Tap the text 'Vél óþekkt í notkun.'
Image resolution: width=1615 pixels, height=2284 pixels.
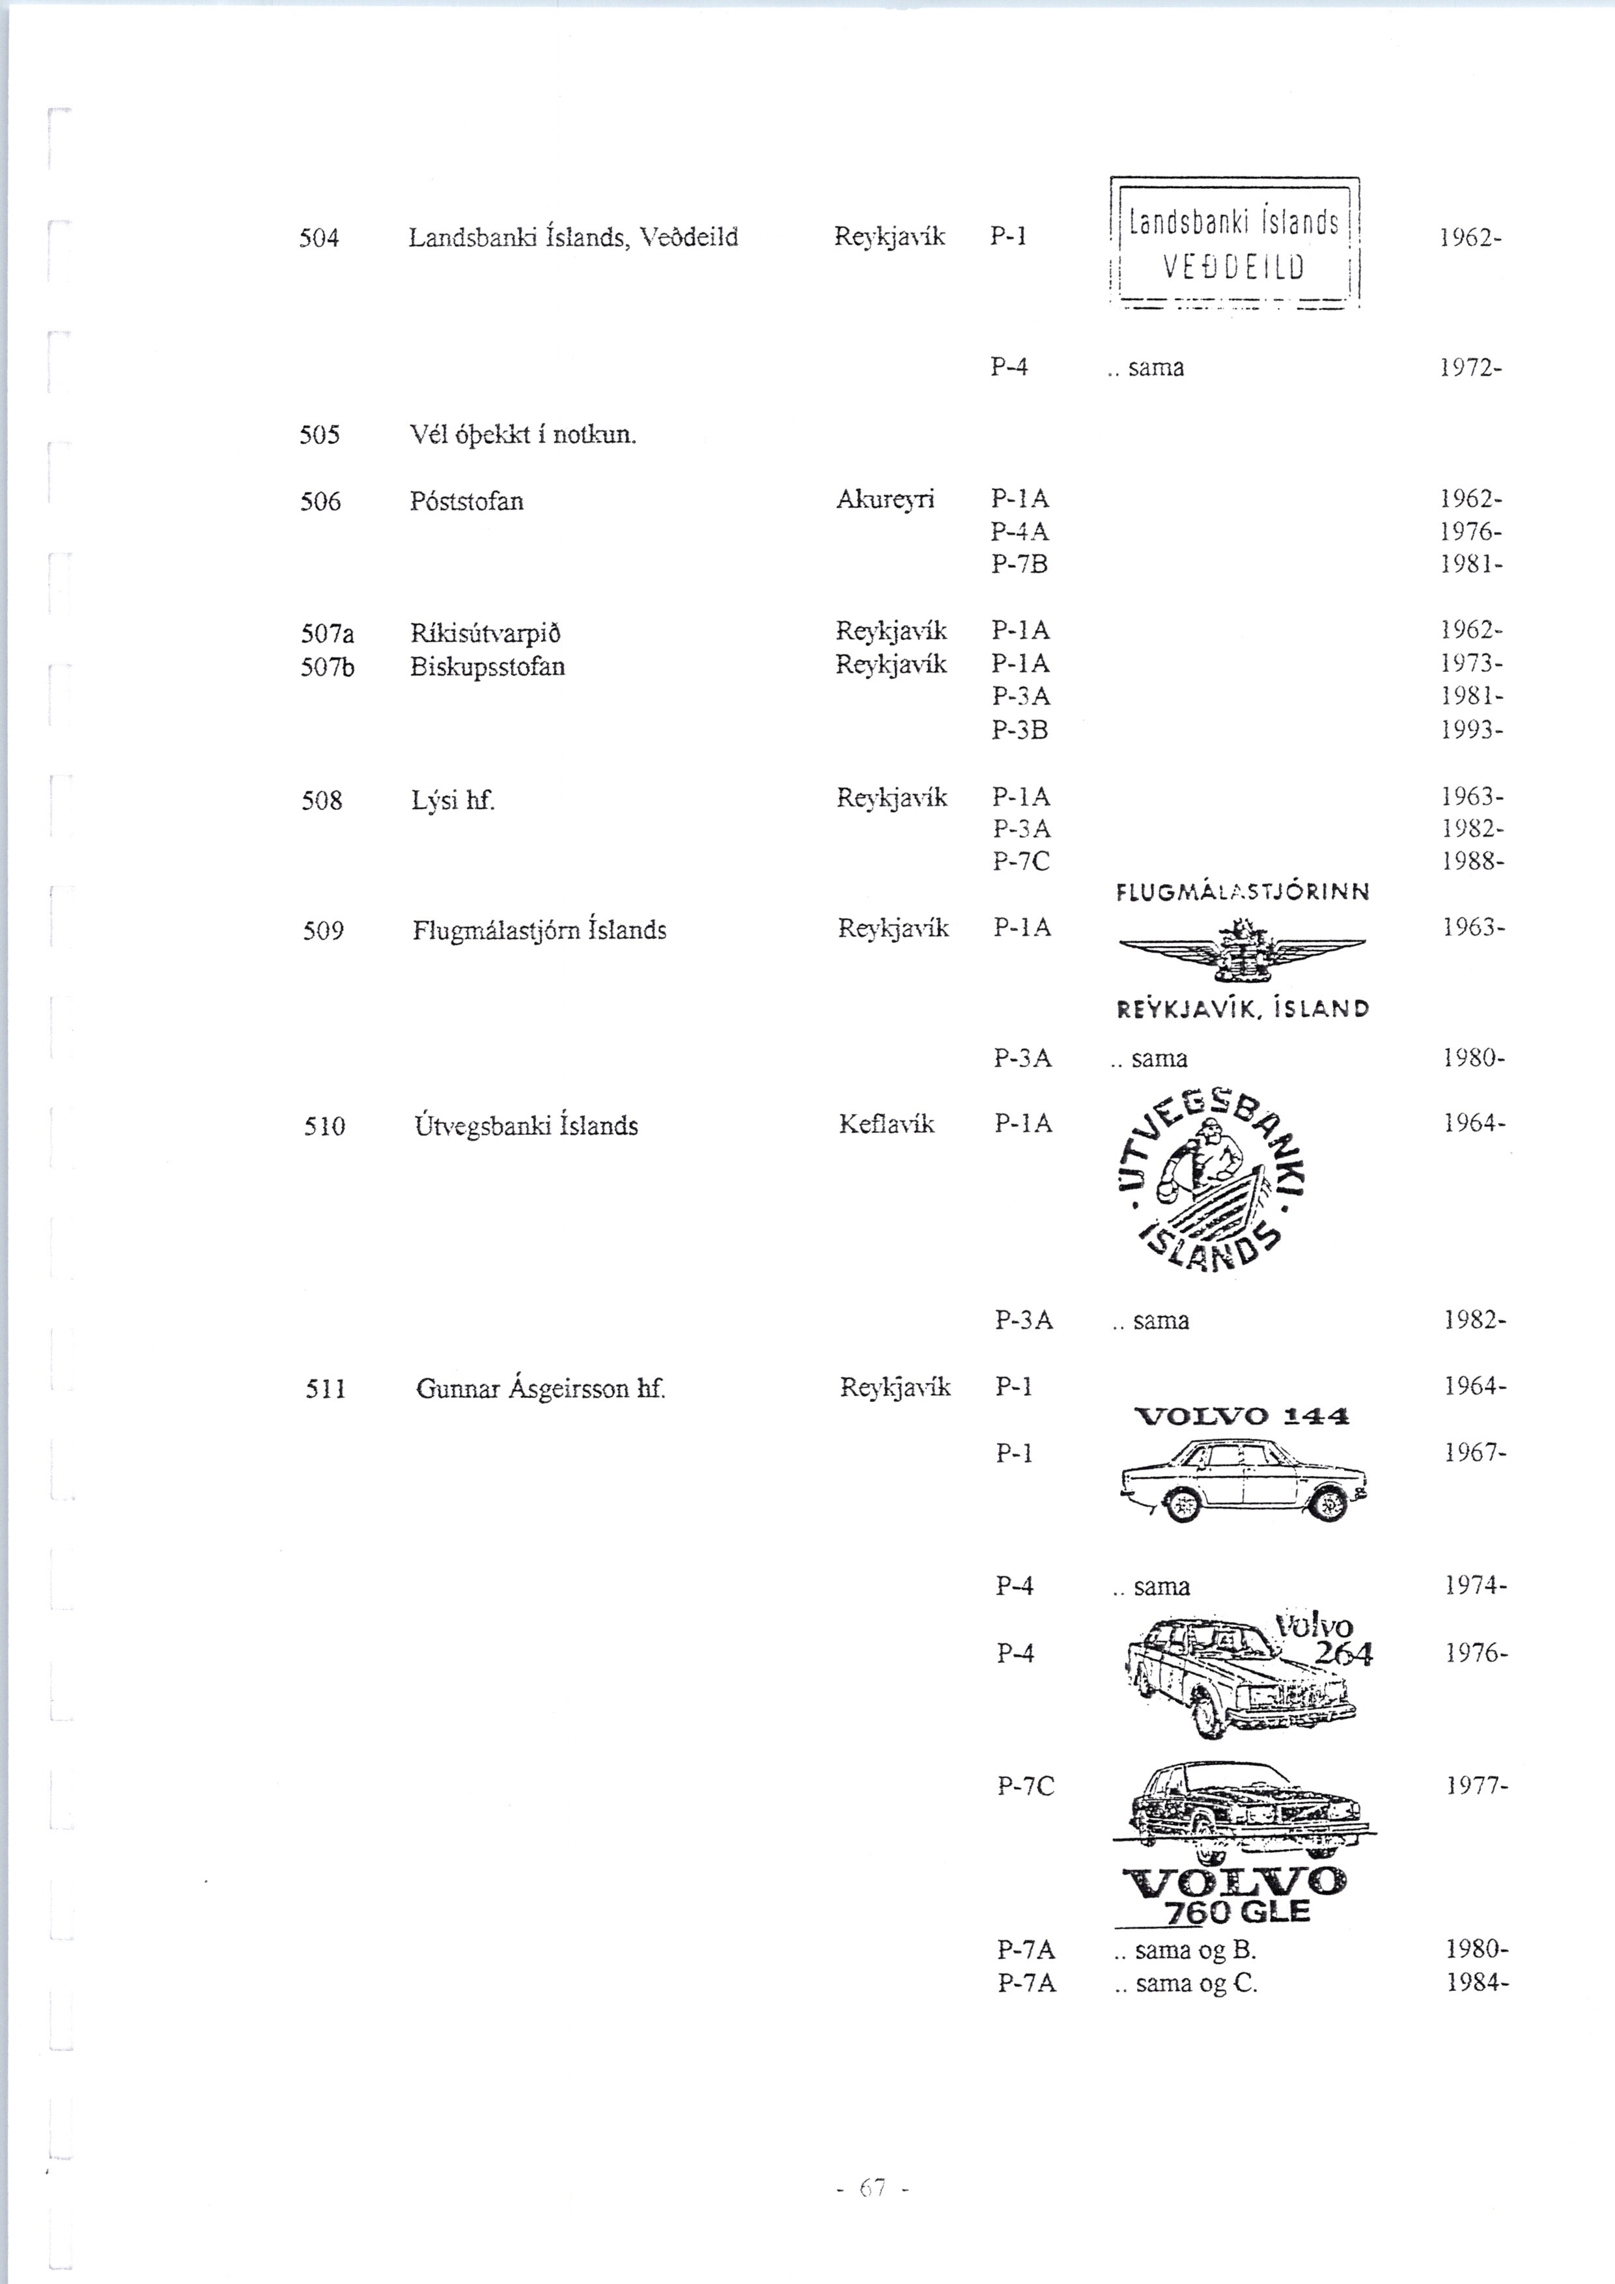[x=522, y=436]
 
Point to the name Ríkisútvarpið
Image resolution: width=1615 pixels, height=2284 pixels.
[x=484, y=634]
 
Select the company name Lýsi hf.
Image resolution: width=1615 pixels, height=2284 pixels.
[x=453, y=800]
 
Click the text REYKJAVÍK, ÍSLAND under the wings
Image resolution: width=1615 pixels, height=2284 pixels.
[x=1242, y=1009]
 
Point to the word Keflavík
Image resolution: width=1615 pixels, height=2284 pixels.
[x=886, y=1124]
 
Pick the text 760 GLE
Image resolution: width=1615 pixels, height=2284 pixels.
[x=1236, y=1912]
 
